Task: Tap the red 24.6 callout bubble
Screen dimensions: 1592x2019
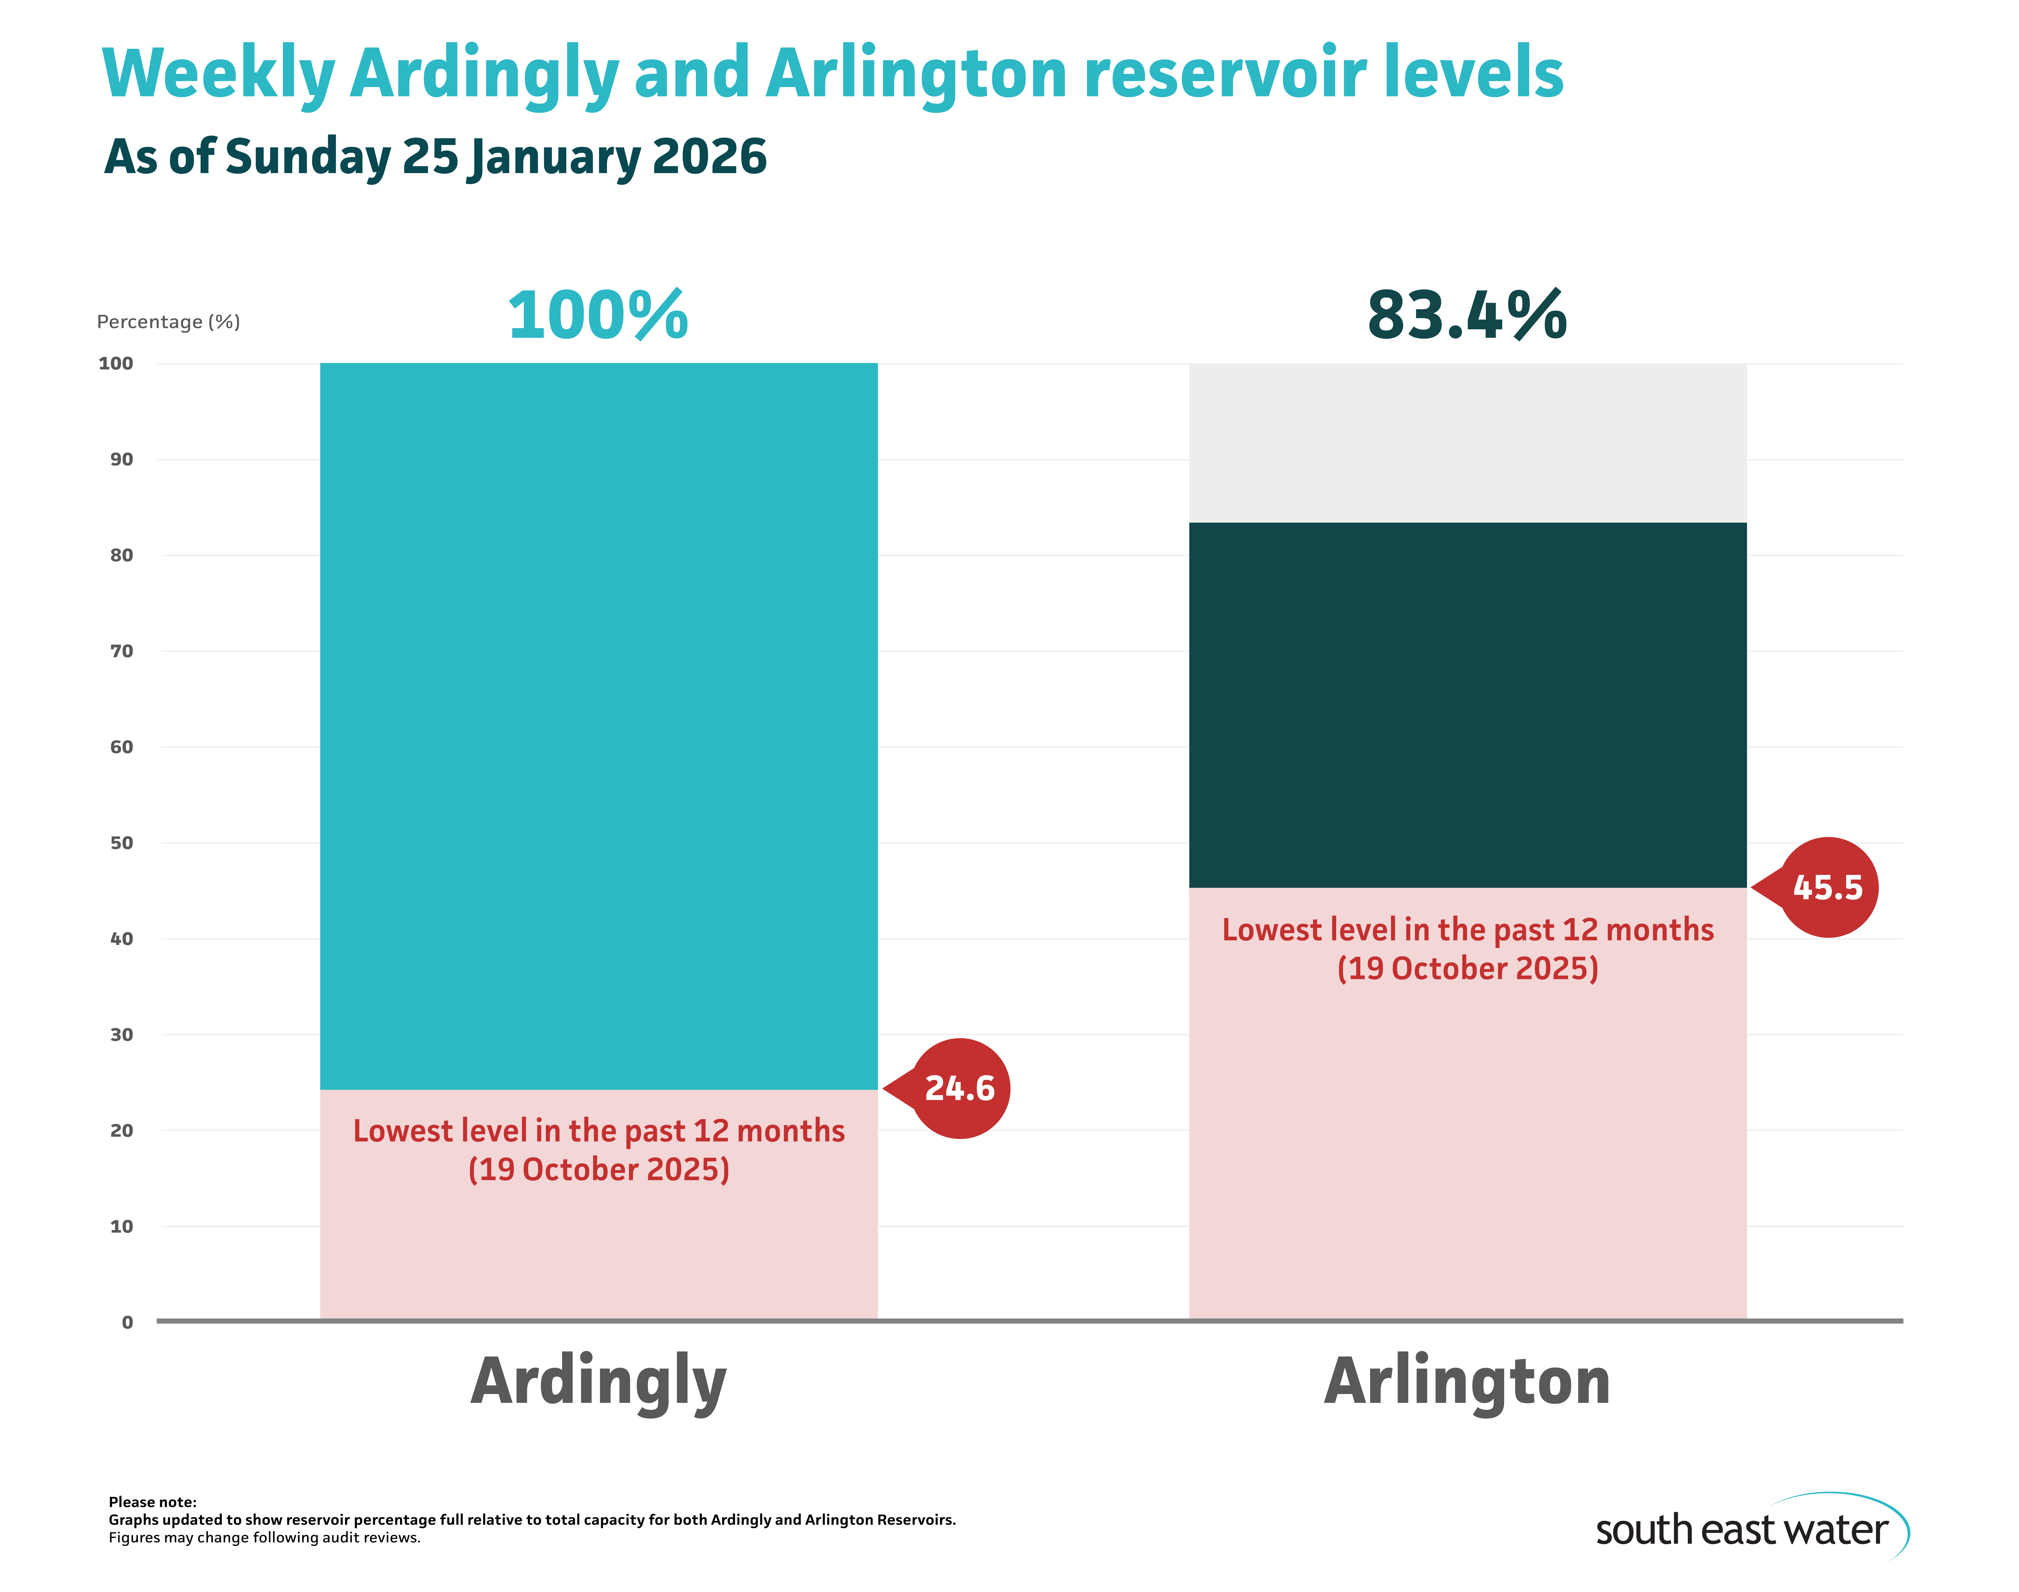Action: pos(959,1088)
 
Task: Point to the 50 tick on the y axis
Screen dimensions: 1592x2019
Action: pos(121,843)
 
